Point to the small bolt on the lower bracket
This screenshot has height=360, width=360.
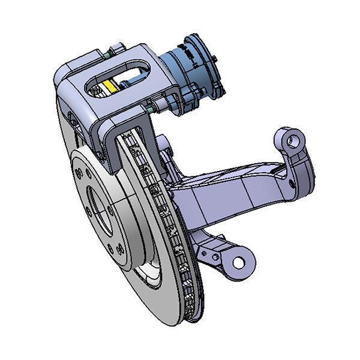click(210, 256)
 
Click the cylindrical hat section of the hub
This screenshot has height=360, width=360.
click(129, 228)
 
